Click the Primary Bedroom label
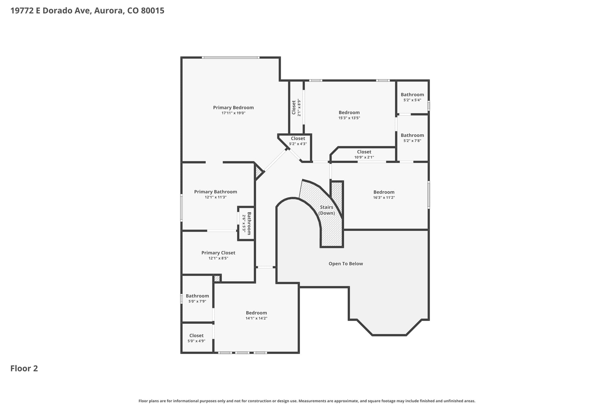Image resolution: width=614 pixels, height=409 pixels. (233, 108)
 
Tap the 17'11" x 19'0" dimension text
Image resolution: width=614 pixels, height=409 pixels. (233, 113)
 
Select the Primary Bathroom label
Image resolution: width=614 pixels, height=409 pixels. (216, 192)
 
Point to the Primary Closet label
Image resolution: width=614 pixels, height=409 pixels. (218, 253)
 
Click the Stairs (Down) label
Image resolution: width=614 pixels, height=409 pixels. (327, 210)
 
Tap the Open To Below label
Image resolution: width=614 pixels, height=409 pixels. (346, 264)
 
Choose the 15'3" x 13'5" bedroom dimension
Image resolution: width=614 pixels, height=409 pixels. (349, 118)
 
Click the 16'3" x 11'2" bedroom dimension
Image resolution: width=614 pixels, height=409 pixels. (384, 197)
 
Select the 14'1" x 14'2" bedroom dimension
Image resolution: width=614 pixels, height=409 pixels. (256, 318)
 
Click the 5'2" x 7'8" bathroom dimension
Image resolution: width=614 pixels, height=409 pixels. (412, 141)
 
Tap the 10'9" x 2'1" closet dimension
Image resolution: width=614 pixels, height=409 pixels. (364, 157)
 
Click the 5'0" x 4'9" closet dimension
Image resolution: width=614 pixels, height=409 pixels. (196, 341)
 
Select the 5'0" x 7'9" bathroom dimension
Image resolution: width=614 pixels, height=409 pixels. (197, 301)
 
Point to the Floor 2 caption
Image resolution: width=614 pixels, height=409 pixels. (24, 368)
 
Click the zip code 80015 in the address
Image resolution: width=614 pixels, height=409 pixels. (153, 11)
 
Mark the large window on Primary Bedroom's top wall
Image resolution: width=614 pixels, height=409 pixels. (230, 58)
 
